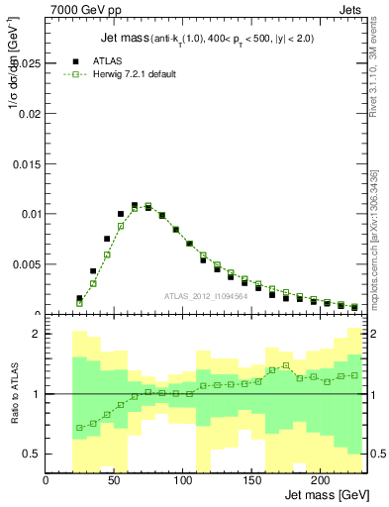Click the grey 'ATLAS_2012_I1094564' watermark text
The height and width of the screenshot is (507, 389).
pyautogui.click(x=207, y=296)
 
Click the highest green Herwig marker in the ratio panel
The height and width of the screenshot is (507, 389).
pyautogui.click(x=286, y=365)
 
